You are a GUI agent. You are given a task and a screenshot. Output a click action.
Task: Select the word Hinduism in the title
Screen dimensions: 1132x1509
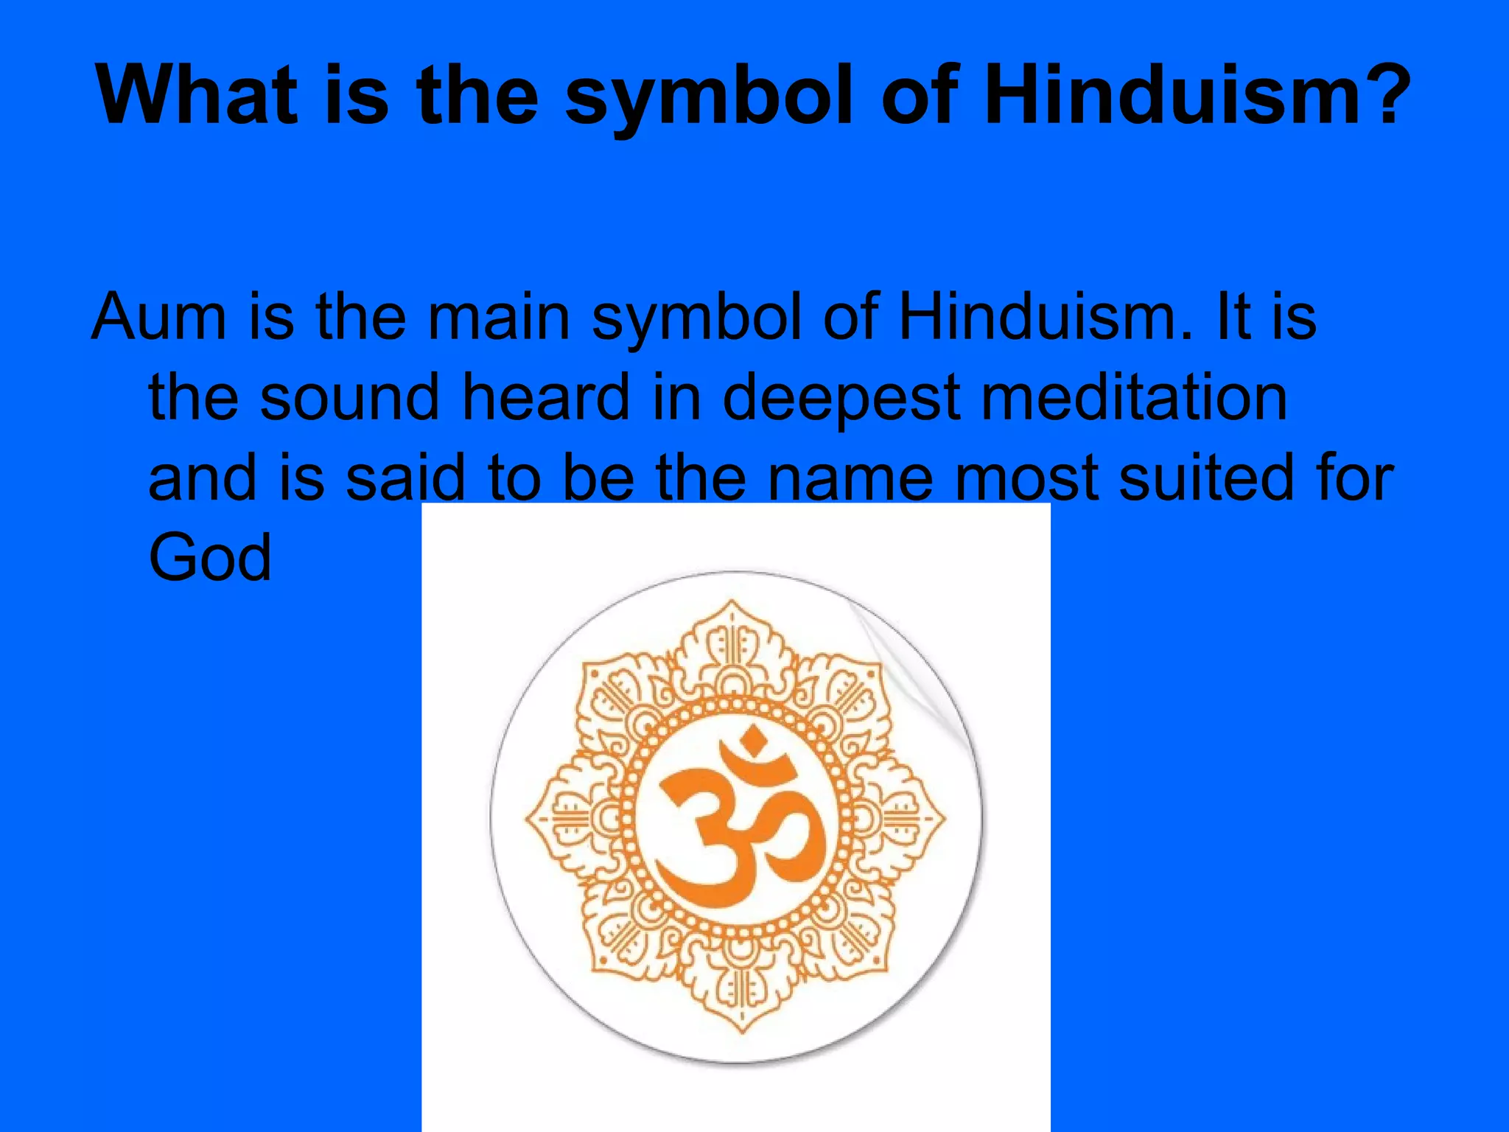1171,96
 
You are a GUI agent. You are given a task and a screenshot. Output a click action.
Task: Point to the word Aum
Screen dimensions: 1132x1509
158,317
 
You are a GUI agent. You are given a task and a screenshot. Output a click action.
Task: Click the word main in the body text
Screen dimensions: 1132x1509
499,317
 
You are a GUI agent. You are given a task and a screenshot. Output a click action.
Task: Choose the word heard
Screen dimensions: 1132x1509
545,397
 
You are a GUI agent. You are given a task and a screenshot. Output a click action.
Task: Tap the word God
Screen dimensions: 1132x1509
210,558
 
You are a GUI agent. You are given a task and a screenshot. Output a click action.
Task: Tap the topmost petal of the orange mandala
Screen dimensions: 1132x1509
732,634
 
